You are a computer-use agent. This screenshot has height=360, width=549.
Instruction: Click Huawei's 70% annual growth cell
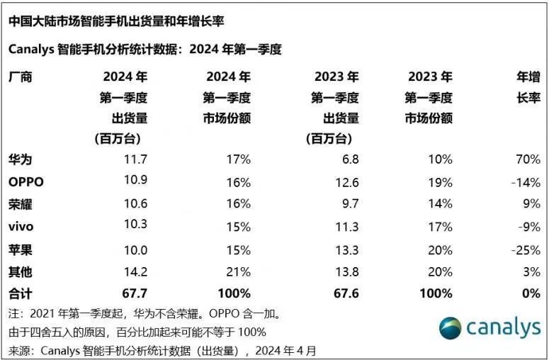point(527,160)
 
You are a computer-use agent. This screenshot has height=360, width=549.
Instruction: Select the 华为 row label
point(21,160)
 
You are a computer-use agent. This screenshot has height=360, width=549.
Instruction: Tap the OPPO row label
point(26,182)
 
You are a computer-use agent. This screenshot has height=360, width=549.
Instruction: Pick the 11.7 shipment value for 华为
point(134,160)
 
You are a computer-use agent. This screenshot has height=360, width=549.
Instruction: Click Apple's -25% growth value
point(525,250)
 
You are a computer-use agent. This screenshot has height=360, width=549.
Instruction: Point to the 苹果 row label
point(21,250)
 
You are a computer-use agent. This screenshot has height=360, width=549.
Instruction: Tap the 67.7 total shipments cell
point(133,293)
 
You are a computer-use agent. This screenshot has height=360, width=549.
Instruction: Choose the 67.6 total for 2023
point(345,293)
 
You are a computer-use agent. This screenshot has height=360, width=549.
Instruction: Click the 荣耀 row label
point(21,205)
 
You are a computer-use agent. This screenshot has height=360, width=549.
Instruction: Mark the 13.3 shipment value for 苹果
point(346,250)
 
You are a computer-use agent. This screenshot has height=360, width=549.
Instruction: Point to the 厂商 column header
point(21,77)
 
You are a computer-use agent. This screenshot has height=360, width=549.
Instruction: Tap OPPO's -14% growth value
point(525,182)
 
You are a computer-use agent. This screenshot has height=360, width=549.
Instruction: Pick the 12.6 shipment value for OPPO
point(346,182)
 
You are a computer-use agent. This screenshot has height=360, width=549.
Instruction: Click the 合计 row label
point(21,293)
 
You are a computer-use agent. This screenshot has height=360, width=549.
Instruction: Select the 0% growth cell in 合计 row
point(530,293)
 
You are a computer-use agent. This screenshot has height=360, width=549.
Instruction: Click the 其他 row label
point(21,271)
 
